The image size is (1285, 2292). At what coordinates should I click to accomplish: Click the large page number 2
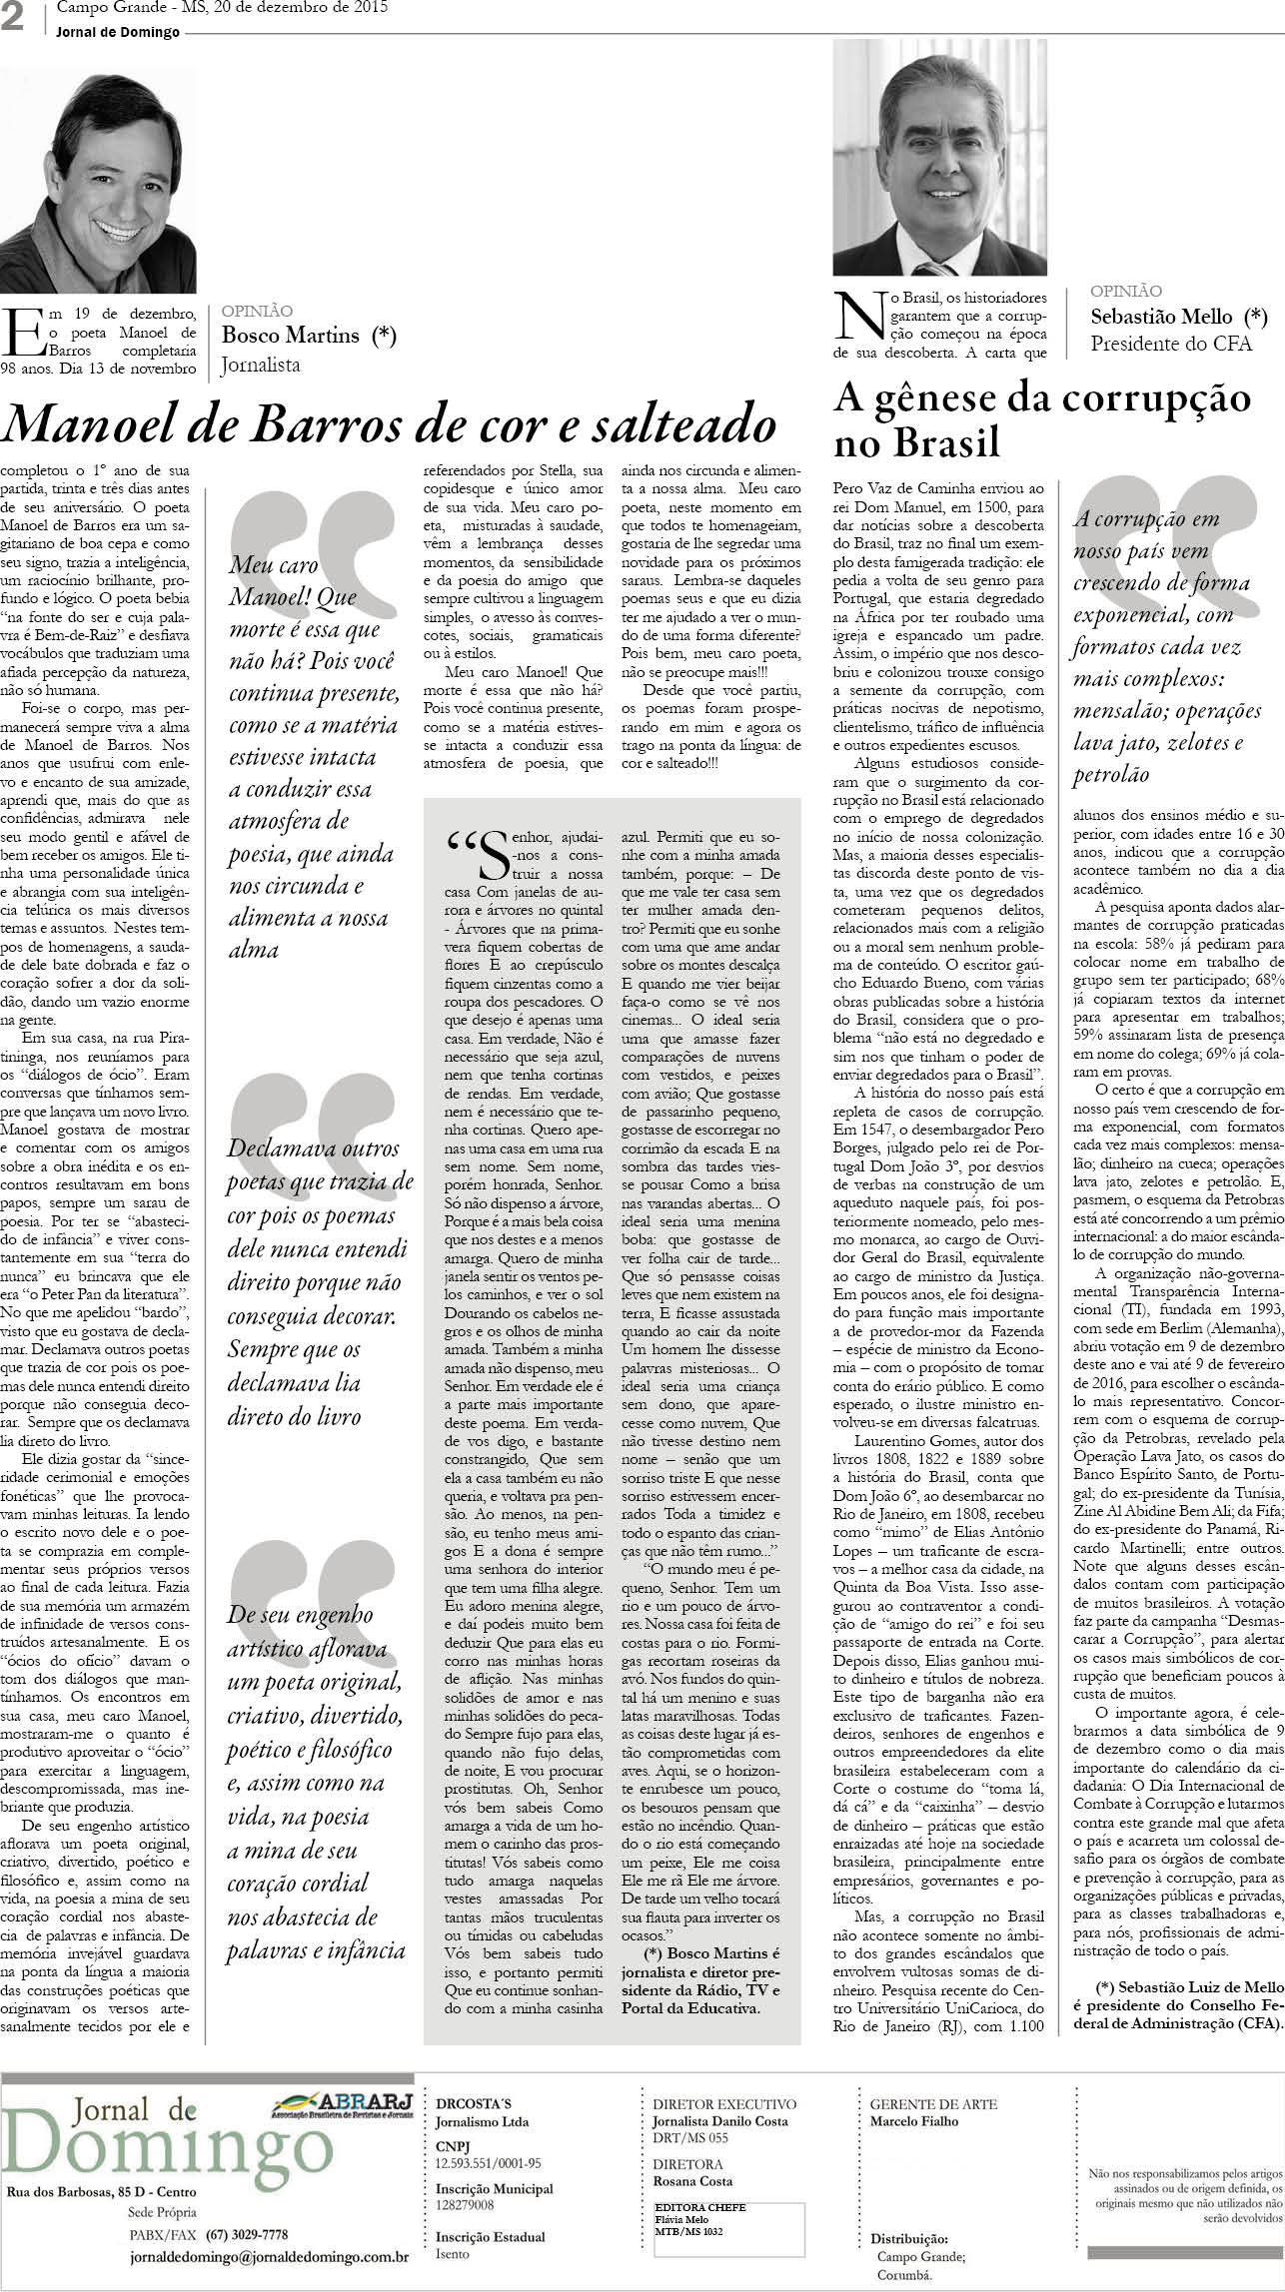(13, 20)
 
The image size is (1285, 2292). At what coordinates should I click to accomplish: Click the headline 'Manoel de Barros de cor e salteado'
(390, 425)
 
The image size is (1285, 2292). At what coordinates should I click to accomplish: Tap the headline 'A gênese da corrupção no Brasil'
(1041, 419)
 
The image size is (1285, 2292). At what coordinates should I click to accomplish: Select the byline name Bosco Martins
(290, 336)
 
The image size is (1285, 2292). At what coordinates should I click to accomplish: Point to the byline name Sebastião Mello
(1162, 317)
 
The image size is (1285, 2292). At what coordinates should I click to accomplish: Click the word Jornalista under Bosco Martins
(261, 366)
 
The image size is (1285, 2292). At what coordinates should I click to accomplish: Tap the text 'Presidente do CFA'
(1170, 345)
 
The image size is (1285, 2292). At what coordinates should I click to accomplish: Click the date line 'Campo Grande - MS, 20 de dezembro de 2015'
(222, 8)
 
